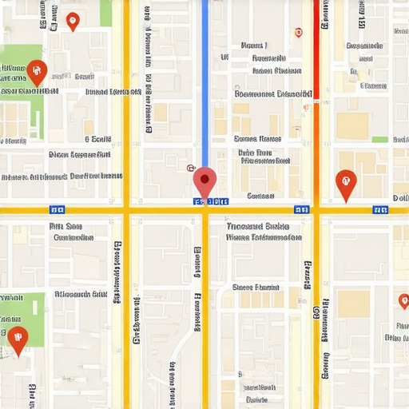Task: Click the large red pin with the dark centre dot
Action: click(204, 181)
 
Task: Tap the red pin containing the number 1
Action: click(345, 183)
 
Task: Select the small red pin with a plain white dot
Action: click(73, 21)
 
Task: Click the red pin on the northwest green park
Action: click(36, 71)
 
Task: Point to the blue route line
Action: click(204, 80)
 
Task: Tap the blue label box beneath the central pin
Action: click(211, 202)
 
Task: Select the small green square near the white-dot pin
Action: click(105, 13)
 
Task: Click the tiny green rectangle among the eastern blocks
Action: click(379, 140)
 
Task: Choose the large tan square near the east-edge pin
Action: click(353, 304)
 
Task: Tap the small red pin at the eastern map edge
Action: click(403, 301)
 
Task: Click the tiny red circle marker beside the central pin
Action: click(189, 169)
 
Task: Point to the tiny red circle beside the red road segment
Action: click(299, 33)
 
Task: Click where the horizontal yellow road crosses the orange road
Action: click(316, 210)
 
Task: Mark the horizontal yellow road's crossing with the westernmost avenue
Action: click(126, 210)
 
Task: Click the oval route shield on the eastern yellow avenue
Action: click(324, 307)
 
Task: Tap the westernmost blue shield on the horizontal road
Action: click(57, 210)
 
